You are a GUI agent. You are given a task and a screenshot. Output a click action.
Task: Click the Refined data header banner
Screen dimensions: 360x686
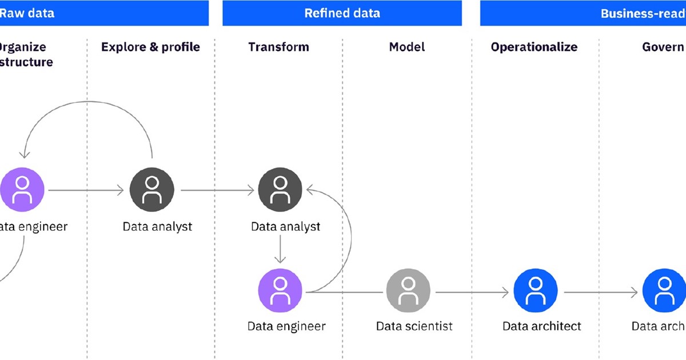click(x=342, y=13)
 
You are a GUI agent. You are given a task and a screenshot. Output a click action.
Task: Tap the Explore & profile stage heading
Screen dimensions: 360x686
click(x=150, y=47)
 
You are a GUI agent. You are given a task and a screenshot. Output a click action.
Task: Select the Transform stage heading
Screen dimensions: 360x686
click(x=278, y=47)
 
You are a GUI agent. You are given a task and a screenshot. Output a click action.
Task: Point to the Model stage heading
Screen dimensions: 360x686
click(x=407, y=47)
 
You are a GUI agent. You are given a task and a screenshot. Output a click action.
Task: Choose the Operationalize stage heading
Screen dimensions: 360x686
click(x=534, y=47)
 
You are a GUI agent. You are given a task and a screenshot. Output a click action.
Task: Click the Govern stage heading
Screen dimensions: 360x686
click(x=663, y=47)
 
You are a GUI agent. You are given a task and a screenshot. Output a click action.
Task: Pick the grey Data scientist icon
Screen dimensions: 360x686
click(x=408, y=292)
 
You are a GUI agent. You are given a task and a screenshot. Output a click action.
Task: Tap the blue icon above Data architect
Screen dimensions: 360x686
click(x=535, y=292)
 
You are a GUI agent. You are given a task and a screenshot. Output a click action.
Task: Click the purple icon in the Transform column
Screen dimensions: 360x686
click(x=280, y=292)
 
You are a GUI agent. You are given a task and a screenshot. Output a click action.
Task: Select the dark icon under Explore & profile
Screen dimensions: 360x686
click(x=151, y=190)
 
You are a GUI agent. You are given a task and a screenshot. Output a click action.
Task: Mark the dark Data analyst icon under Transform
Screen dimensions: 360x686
click(x=280, y=190)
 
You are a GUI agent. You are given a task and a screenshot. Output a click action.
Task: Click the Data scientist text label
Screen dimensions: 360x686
click(x=414, y=326)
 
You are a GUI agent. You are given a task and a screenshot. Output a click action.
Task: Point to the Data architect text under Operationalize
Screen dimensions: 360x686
click(x=541, y=326)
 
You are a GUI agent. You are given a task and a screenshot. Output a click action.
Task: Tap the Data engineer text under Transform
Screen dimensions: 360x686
click(x=286, y=326)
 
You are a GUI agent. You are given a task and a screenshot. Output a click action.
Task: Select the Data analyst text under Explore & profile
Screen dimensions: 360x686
click(x=157, y=227)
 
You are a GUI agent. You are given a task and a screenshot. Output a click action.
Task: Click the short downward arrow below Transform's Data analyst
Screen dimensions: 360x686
click(x=280, y=249)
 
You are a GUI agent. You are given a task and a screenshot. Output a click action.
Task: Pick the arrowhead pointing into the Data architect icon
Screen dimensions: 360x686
click(x=505, y=293)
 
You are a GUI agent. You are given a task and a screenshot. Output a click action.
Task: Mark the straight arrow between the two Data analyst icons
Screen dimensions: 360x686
click(x=217, y=190)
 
